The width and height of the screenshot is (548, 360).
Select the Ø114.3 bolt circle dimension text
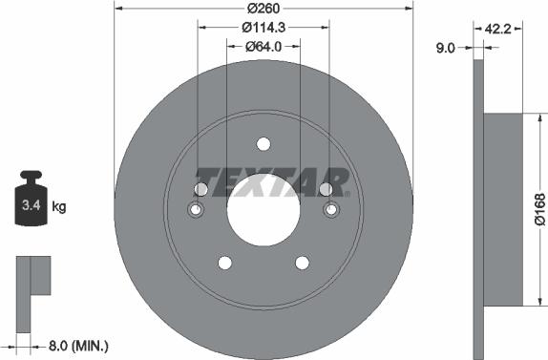coord(263,29)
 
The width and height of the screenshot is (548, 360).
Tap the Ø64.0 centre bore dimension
coord(263,46)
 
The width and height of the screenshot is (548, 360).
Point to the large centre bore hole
coord(263,210)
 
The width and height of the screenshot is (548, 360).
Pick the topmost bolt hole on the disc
coord(263,144)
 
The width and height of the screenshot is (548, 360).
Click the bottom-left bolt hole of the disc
coord(224,263)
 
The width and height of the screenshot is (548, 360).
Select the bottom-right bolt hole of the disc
coord(303,263)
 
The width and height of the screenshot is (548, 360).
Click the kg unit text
coord(59,206)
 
